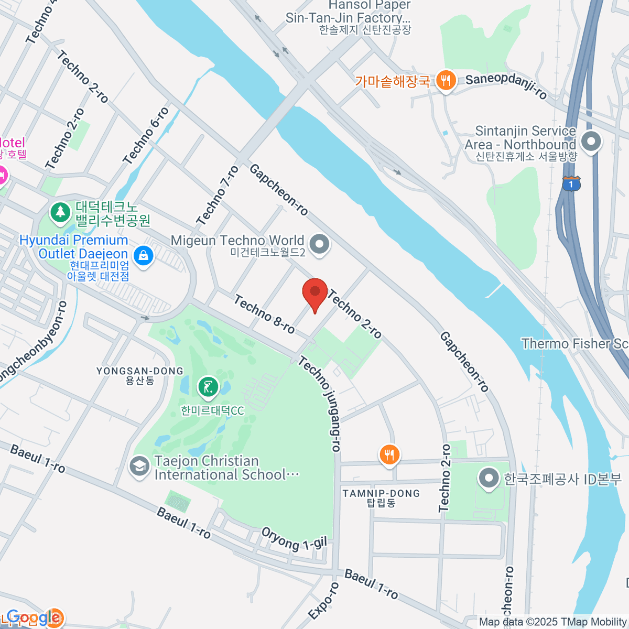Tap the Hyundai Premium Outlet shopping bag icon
point(143,256)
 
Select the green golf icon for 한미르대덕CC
point(208,388)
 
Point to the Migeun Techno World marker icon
point(319,244)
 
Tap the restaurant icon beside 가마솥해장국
point(446,81)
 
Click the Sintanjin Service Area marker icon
point(591,142)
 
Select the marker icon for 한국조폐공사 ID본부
point(489,478)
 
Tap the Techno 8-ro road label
point(264,314)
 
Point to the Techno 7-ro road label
point(218,196)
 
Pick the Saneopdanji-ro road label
point(506,86)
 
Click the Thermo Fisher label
point(574,344)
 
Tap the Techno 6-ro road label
point(146,136)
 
